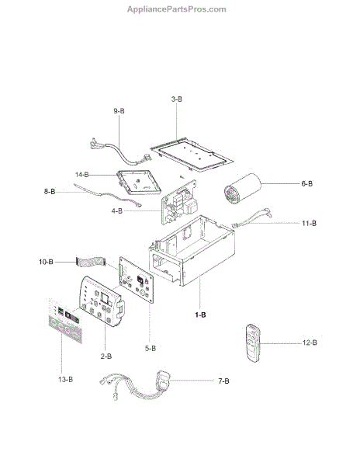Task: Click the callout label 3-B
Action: point(177,99)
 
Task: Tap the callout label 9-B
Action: point(119,111)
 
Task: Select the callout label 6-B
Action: point(307,183)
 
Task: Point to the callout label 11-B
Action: point(309,223)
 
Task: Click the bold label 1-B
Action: point(200,315)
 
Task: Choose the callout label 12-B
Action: point(310,343)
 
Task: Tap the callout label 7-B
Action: point(223,381)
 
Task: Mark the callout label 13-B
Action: point(66,380)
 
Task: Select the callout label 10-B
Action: point(46,262)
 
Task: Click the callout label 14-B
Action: point(81,175)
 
